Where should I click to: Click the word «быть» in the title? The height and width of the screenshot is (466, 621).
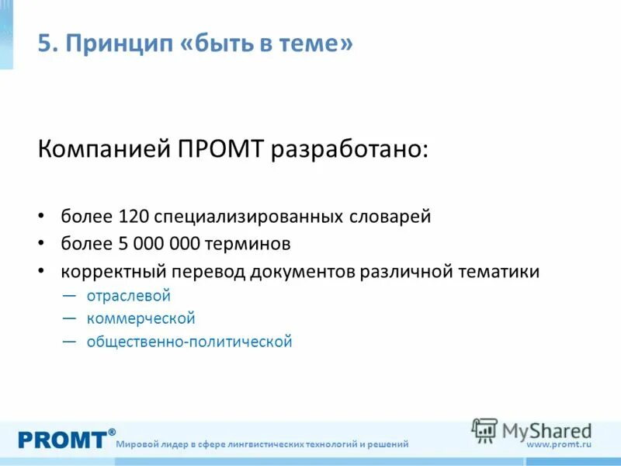tap(216, 43)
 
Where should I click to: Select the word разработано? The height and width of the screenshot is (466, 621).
tap(349, 148)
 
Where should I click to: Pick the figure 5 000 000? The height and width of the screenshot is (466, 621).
tap(161, 244)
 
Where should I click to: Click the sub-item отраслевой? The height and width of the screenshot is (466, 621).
tap(128, 296)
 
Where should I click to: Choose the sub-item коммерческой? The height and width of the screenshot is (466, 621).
tap(141, 318)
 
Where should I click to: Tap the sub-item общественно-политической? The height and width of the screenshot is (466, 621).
tap(189, 341)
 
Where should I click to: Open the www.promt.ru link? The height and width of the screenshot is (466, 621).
tap(559, 444)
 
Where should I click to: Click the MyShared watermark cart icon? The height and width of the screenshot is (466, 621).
tap(484, 429)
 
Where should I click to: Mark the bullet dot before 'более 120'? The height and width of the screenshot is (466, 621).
tap(42, 216)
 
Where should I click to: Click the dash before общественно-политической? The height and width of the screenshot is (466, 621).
tap(69, 341)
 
